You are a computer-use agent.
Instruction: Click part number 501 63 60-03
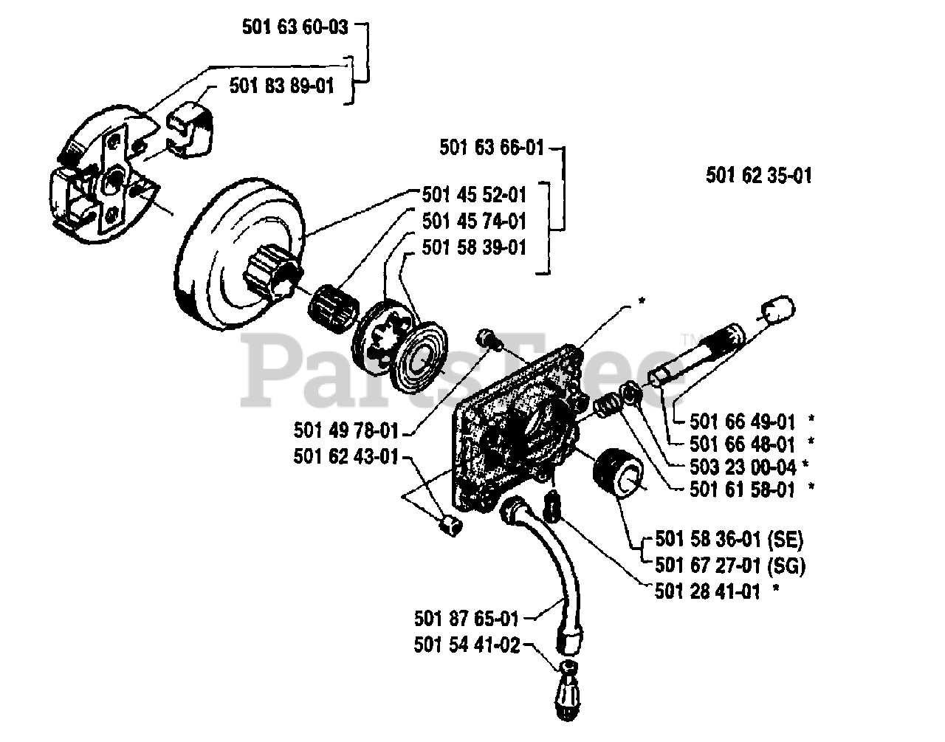click(x=294, y=27)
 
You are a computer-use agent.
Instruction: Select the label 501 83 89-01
click(x=281, y=86)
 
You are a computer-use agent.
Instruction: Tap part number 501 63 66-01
click(x=492, y=148)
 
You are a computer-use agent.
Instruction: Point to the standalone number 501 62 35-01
click(x=759, y=176)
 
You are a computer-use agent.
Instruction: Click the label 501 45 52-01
click(x=475, y=195)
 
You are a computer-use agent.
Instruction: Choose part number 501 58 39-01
click(x=475, y=247)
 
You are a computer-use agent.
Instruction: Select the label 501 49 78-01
click(x=346, y=430)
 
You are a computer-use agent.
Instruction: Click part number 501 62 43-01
click(x=346, y=458)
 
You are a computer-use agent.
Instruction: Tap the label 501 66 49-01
click(x=743, y=422)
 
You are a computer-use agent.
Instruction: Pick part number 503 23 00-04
click(x=743, y=467)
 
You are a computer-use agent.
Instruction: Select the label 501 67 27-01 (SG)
click(x=729, y=566)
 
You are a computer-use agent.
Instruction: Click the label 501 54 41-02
click(x=467, y=645)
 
